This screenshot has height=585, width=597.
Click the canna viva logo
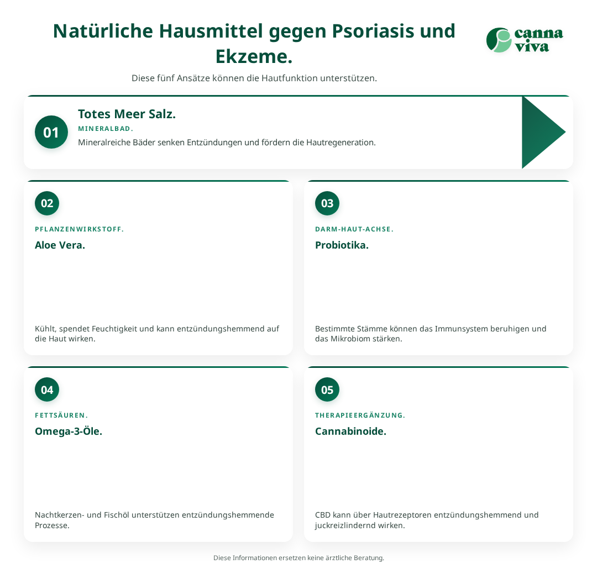pos(525,40)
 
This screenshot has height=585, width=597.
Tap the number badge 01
pos(51,132)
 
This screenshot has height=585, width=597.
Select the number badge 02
pos(47,203)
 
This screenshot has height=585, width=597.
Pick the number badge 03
pos(327,203)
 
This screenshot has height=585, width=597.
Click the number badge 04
pos(47,389)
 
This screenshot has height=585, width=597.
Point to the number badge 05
pos(327,389)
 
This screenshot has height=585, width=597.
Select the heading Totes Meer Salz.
pos(127,114)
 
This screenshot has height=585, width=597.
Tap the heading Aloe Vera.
pos(60,245)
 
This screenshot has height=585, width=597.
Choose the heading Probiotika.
pos(342,245)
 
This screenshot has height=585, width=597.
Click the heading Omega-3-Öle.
pos(69,431)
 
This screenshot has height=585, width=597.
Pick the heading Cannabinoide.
pos(350,431)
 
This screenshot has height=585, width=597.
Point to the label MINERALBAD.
pos(106,129)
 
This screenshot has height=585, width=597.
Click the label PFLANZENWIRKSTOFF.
pos(79,229)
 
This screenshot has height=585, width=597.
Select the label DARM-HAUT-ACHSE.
pos(354,229)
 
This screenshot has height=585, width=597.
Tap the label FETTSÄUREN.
pos(61,415)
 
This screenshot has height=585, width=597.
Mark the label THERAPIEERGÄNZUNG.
pos(360,415)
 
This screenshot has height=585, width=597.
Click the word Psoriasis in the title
pos(373,31)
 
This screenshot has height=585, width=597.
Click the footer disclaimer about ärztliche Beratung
pos(298,557)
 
